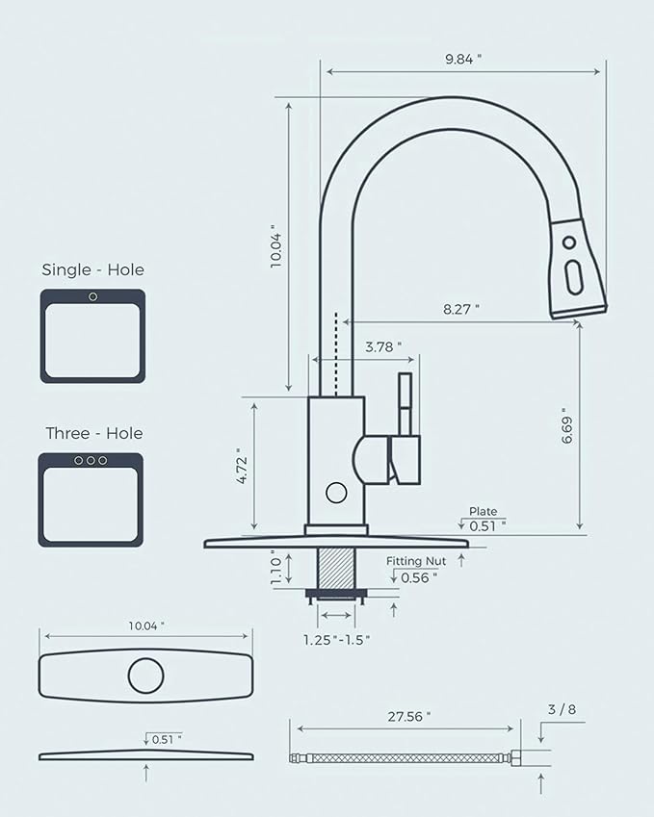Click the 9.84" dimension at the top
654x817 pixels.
(463, 59)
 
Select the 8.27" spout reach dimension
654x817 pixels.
(461, 309)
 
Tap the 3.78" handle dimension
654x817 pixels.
(383, 345)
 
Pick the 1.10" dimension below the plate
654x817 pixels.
(275, 567)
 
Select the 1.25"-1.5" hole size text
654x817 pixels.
(337, 639)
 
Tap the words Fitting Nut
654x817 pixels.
(417, 560)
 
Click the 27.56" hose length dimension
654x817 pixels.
(409, 716)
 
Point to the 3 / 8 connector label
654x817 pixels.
(562, 711)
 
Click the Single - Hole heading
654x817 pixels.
(92, 270)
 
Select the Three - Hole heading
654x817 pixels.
(93, 434)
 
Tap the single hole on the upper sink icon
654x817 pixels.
(92, 296)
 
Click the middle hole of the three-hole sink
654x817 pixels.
(91, 461)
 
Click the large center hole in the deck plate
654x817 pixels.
(145, 675)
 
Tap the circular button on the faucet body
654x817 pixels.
(336, 493)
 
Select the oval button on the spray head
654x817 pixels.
(575, 274)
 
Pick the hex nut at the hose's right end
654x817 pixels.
(517, 758)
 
